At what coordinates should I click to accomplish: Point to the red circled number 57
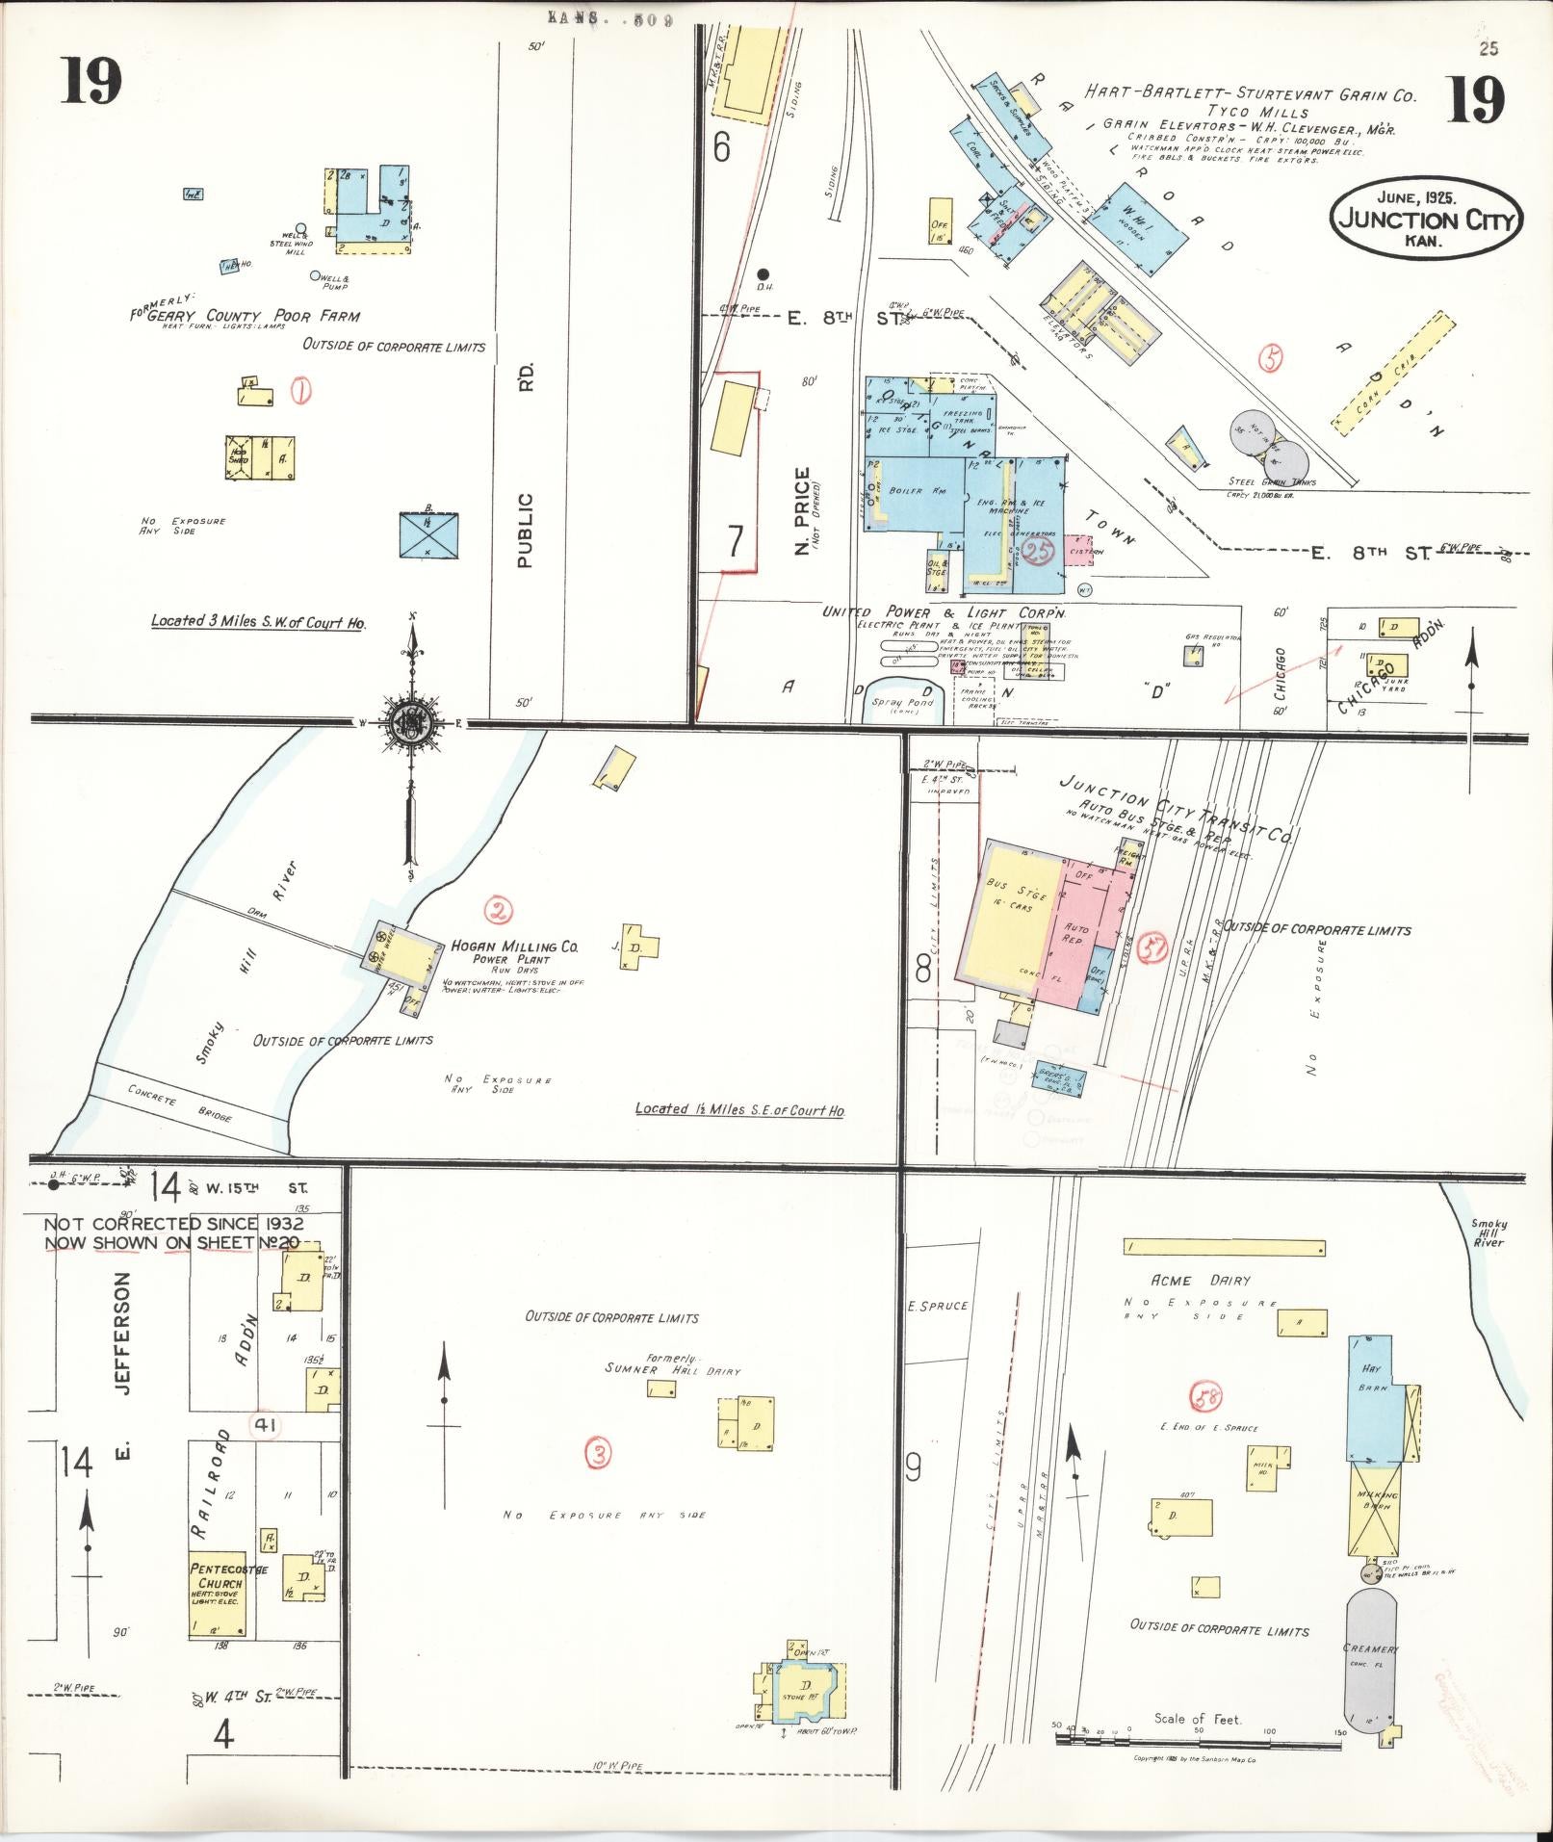[1152, 948]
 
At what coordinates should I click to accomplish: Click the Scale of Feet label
[1198, 1719]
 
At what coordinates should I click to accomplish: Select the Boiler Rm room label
[906, 491]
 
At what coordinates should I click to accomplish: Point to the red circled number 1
[301, 391]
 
